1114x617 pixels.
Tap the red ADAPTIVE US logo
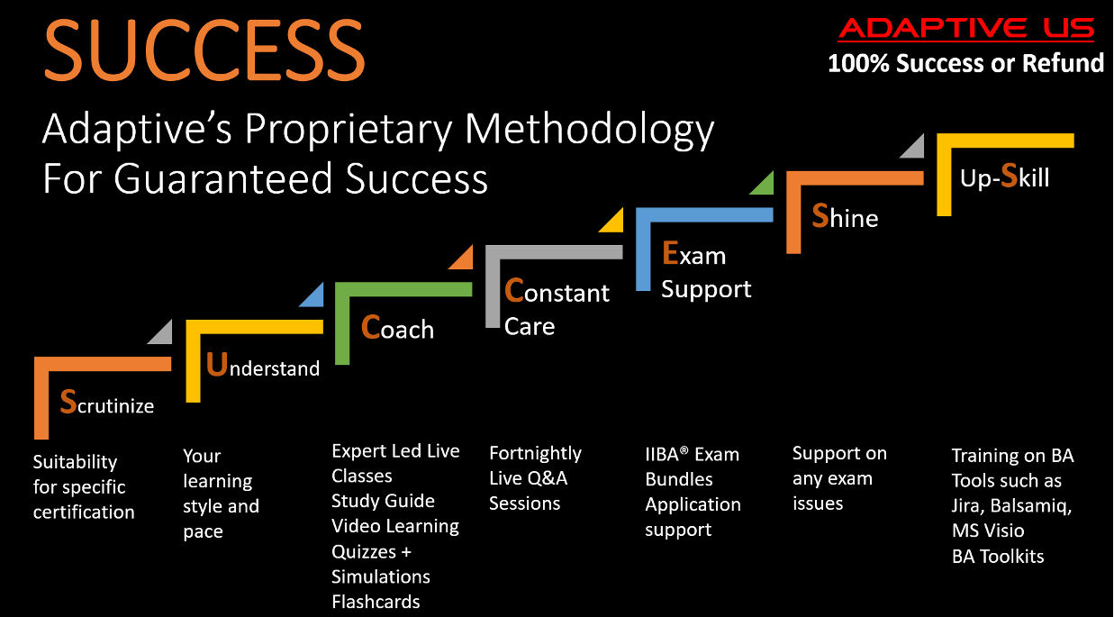click(965, 29)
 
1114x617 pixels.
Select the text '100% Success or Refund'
click(965, 63)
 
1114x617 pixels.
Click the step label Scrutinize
click(107, 404)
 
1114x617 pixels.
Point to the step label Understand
click(263, 366)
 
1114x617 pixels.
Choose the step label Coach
click(397, 328)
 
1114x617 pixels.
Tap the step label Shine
click(845, 217)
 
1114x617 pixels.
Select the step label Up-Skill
click(1005, 177)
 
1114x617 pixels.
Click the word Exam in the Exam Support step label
click(693, 255)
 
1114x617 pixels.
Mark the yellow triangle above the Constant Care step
click(613, 221)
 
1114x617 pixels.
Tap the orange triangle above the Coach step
click(463, 259)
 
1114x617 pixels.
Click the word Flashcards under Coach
click(376, 602)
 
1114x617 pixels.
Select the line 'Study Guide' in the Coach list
click(383, 501)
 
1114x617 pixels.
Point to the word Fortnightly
click(535, 453)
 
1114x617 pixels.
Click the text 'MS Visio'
click(988, 531)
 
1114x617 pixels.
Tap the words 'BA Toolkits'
click(998, 556)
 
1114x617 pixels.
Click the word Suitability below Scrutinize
click(75, 462)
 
